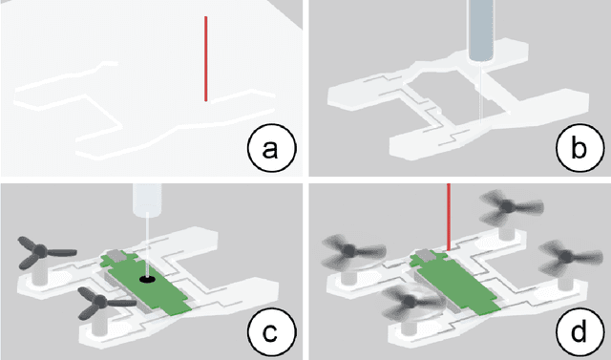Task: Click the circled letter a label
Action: click(271, 148)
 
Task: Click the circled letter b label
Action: click(579, 148)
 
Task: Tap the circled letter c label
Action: click(271, 332)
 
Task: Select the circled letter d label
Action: click(579, 332)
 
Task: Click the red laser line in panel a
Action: click(206, 59)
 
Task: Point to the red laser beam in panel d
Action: click(449, 217)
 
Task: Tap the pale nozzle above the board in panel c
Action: click(147, 201)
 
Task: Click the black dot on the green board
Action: click(147, 279)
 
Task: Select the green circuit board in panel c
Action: click(145, 283)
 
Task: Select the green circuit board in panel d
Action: click(454, 282)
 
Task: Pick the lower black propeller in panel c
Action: click(103, 303)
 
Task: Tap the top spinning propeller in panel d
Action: click(508, 207)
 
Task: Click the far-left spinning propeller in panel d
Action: click(352, 252)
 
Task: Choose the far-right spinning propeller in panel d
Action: click(569, 257)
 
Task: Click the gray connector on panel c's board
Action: click(116, 256)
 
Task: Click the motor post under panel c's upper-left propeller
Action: click(39, 275)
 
